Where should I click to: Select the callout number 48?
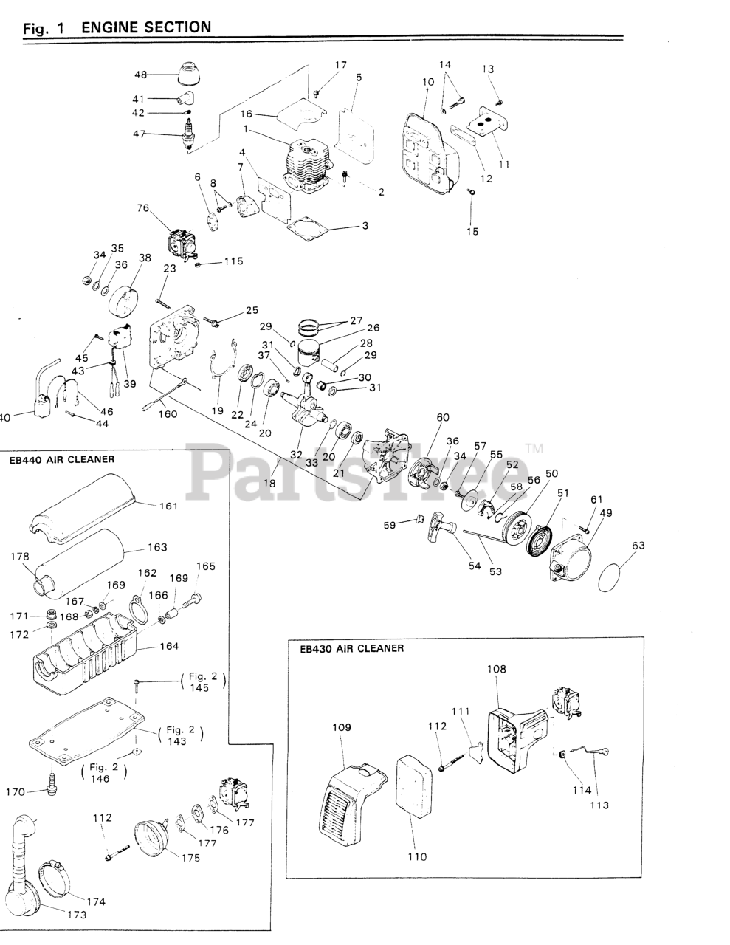pos(140,75)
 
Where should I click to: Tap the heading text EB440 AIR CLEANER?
pos(62,459)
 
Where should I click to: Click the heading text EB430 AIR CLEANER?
pos(352,649)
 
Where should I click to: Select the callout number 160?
pos(168,414)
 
